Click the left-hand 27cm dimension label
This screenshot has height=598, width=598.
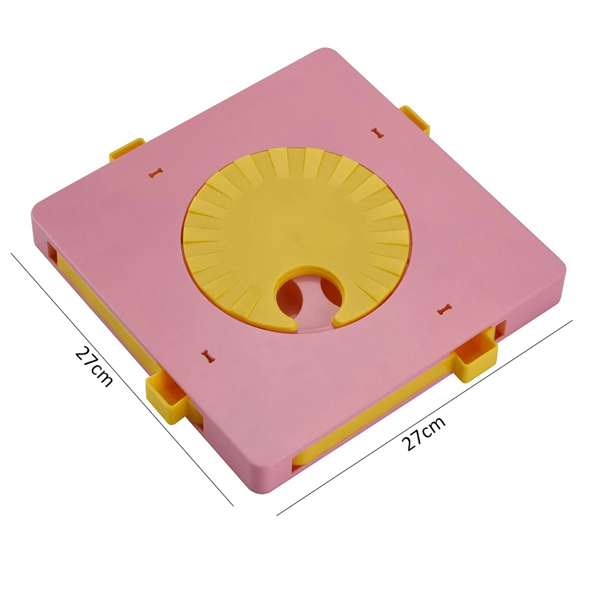(x=94, y=366)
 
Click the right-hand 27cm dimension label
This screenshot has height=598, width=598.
(x=423, y=433)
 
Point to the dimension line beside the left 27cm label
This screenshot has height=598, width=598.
(x=122, y=380)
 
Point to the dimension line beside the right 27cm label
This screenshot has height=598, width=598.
(x=425, y=417)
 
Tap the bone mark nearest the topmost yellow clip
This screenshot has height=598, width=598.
(x=377, y=133)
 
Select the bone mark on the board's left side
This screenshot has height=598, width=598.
(x=155, y=173)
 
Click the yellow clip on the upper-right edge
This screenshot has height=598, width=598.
(x=416, y=120)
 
